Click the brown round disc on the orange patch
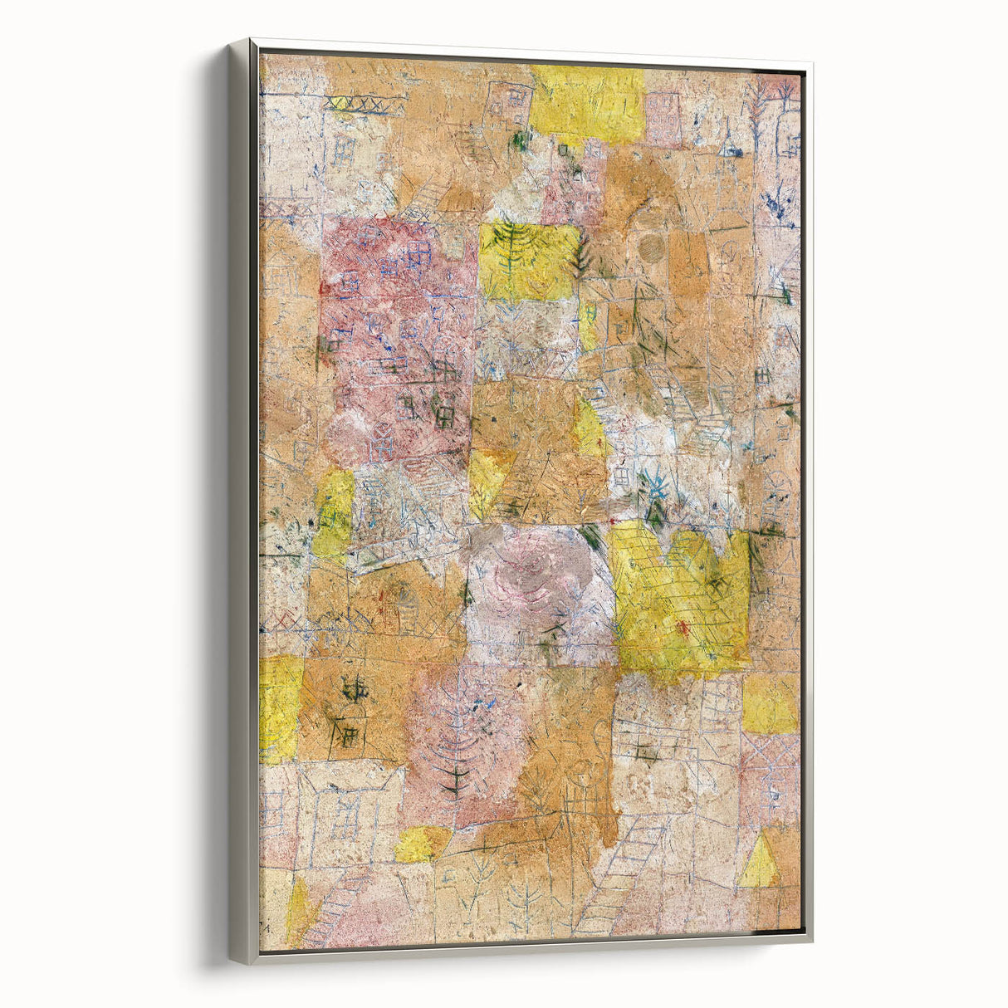click(x=653, y=247)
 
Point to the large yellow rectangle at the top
click(x=587, y=104)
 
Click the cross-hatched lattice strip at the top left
click(x=357, y=104)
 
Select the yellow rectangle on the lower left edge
click(x=280, y=707)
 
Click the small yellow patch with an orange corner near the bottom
click(x=422, y=844)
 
